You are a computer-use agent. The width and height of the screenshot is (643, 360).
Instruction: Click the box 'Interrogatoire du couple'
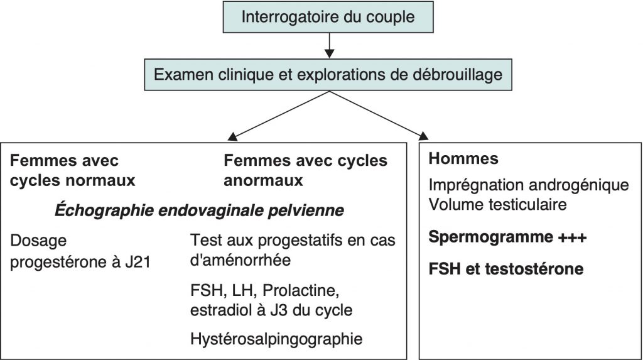tap(328, 17)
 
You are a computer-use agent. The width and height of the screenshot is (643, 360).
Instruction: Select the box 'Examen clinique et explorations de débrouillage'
tap(328, 75)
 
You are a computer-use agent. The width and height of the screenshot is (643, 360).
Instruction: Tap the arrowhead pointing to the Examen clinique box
tap(329, 53)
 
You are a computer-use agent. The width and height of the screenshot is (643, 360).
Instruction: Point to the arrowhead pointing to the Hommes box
tap(423, 136)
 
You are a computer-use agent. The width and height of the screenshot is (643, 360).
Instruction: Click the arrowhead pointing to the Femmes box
tap(233, 137)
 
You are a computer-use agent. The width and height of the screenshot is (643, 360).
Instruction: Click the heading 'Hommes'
tap(463, 159)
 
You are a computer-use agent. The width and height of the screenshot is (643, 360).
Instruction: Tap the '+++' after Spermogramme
tap(571, 237)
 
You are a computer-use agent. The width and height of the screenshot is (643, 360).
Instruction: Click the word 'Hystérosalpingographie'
tap(276, 339)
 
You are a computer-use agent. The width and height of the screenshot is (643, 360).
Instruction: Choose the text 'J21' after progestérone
tap(138, 262)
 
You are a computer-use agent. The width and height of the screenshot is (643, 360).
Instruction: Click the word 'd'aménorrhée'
tap(240, 260)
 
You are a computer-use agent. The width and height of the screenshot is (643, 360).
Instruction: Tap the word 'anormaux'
tap(263, 180)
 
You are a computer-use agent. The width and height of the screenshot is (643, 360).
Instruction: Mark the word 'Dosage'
tap(38, 241)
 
